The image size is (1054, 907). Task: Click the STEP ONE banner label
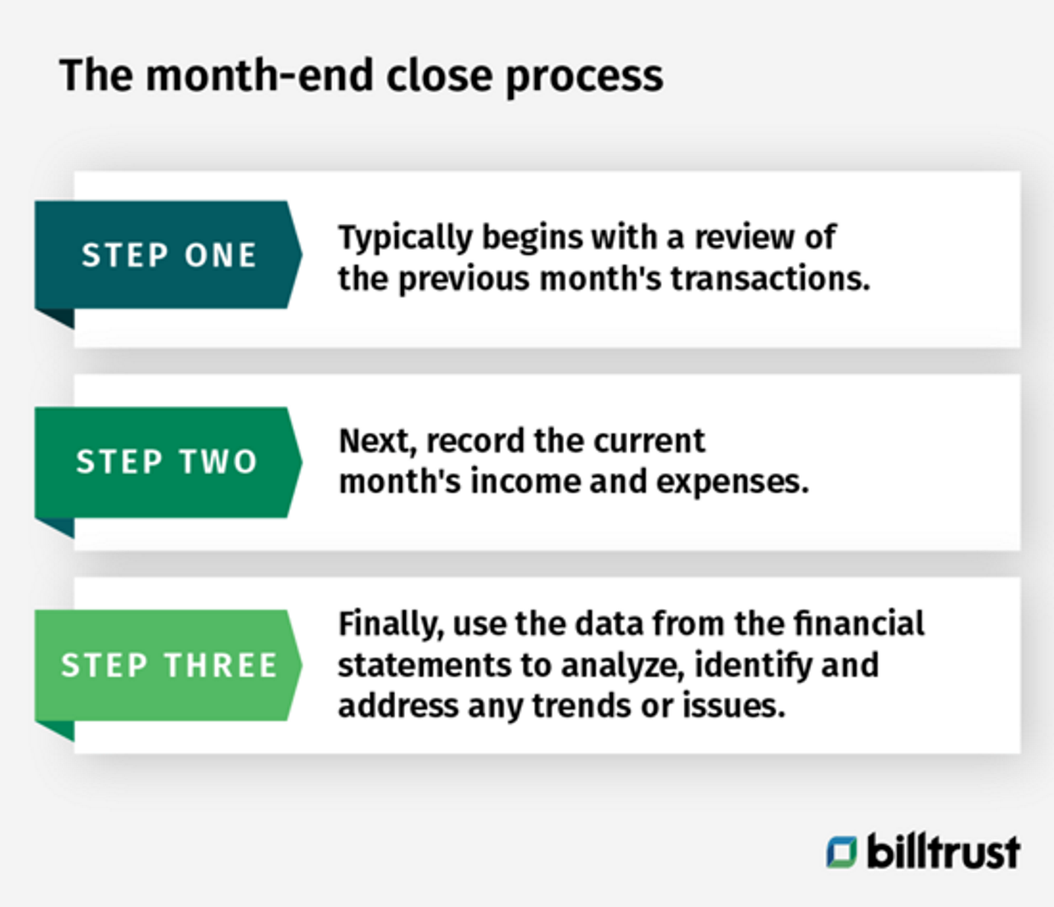tap(169, 255)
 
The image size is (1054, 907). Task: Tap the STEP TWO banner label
tap(167, 461)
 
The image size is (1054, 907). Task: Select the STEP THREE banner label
tap(169, 665)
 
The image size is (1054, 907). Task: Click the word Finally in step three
tap(390, 624)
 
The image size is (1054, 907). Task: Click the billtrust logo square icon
tap(842, 852)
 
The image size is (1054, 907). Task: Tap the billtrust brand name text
tap(943, 851)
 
